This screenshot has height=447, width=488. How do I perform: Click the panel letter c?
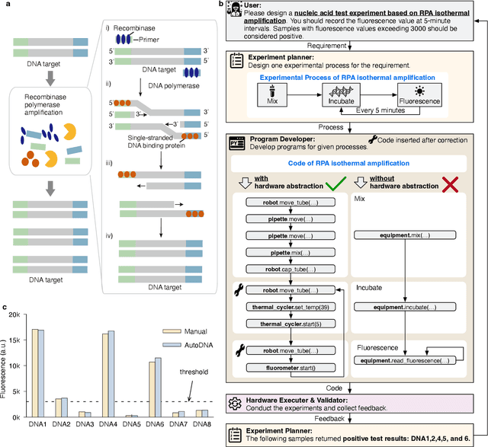(5, 308)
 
